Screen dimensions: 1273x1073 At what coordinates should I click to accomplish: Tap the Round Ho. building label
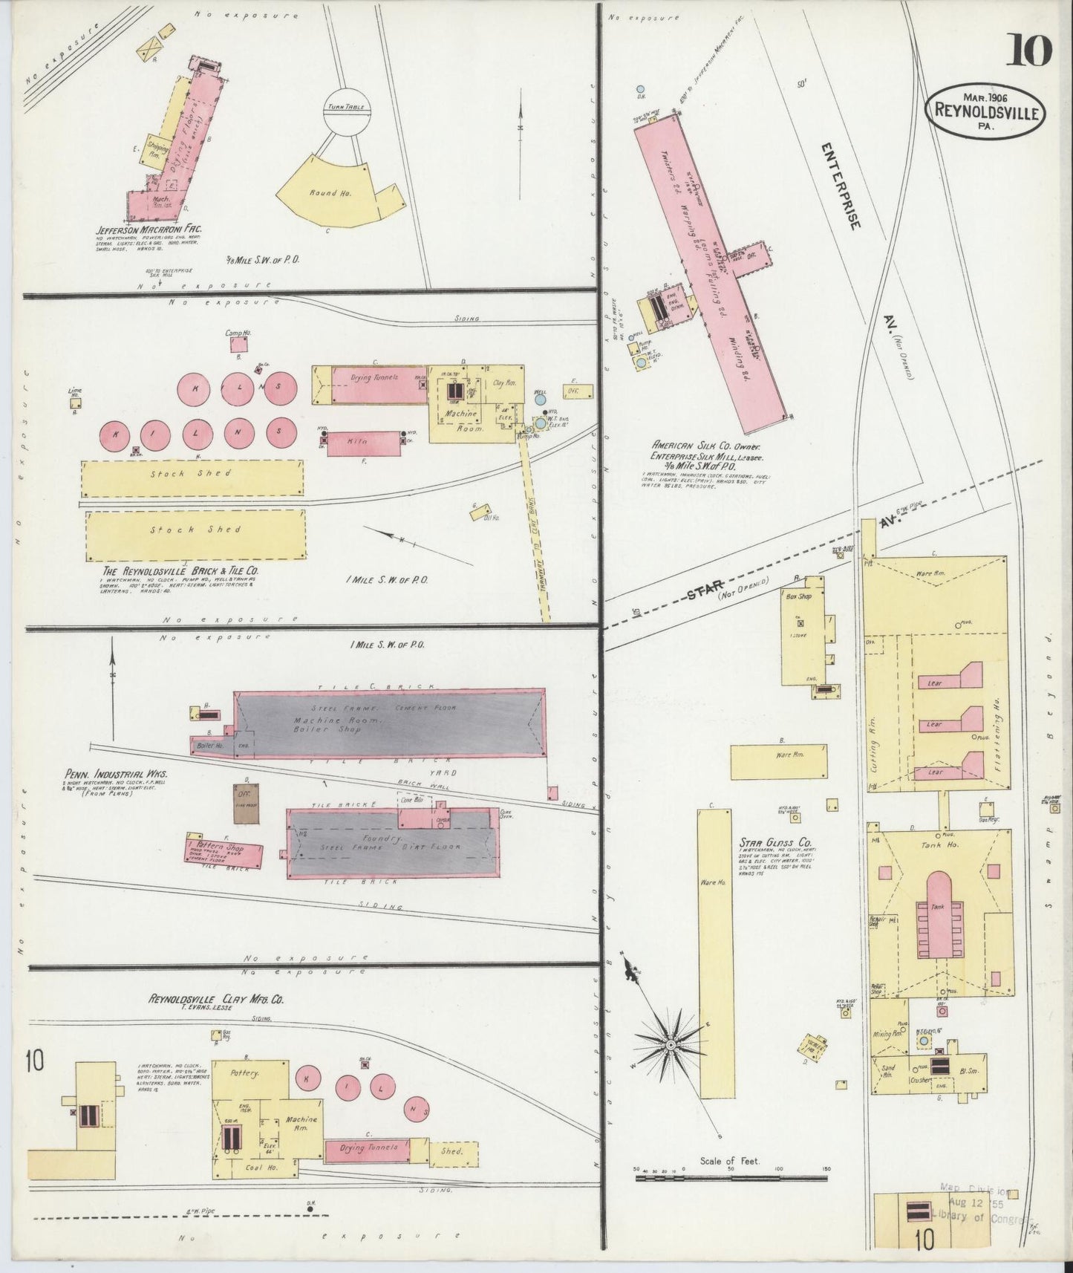coord(336,192)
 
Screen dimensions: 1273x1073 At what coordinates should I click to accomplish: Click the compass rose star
coord(671,1045)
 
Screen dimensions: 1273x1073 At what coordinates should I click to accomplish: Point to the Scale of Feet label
coord(729,1161)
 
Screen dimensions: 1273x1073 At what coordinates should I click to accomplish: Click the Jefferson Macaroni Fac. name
coord(148,229)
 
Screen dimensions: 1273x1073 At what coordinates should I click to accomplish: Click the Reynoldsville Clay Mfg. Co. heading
coord(215,999)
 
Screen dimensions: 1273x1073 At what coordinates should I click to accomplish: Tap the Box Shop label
coord(797,596)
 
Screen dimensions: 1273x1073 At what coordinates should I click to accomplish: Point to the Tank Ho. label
coord(929,844)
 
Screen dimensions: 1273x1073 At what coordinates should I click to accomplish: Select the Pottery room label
coord(244,1074)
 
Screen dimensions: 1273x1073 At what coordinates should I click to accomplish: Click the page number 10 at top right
coord(1029,51)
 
